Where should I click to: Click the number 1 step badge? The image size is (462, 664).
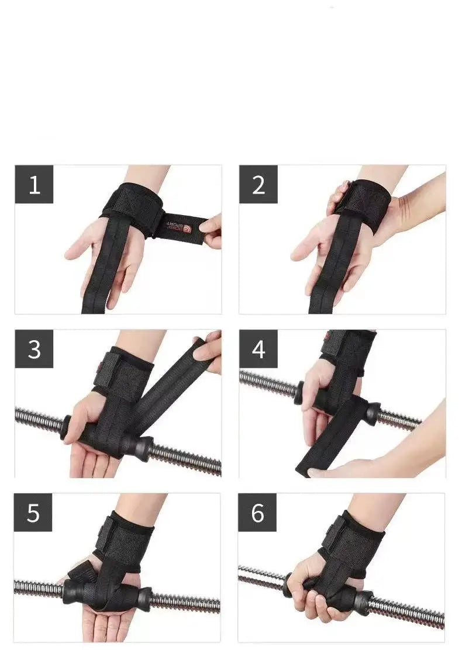coord(34,185)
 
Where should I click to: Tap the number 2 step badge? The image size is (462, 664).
coord(258,185)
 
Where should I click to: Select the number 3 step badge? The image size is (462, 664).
coord(34,349)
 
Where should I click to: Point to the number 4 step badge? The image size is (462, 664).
coord(258,349)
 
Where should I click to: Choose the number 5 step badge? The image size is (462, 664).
coord(33,513)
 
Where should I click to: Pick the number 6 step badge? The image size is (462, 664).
coord(257,513)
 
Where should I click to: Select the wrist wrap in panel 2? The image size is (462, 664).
coord(364,202)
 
